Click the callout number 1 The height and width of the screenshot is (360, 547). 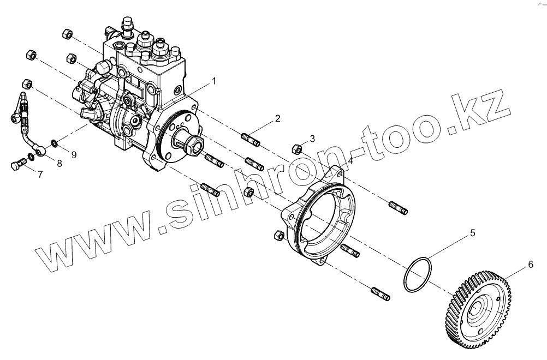click(214, 81)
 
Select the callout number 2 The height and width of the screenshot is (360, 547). click(277, 118)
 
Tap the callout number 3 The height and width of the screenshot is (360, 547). click(312, 139)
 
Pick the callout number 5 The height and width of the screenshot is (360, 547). click(473, 233)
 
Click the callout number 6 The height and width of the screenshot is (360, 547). click(530, 265)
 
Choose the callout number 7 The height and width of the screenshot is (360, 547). click(39, 174)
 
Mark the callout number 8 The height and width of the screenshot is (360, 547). click(59, 163)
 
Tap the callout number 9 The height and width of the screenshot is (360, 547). click(74, 154)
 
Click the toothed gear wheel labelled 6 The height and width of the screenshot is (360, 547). click(480, 311)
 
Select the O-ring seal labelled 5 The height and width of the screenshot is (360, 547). click(418, 275)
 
